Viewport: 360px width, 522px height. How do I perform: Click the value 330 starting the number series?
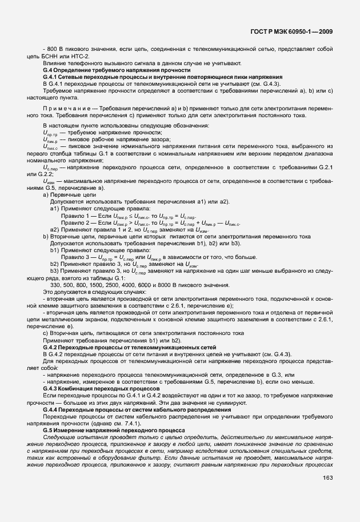tap(56, 285)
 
